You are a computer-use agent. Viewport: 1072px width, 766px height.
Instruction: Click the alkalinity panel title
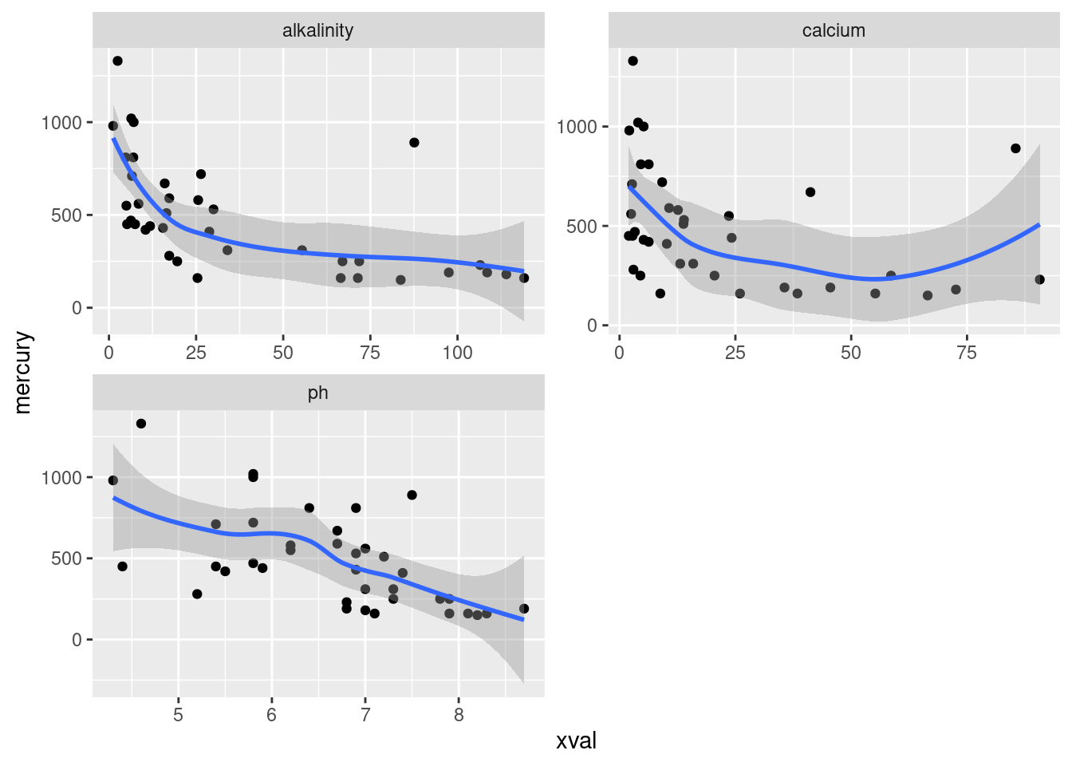tap(317, 30)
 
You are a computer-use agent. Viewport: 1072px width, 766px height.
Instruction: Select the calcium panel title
tap(834, 30)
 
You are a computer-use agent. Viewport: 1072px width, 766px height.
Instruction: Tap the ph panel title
tap(317, 393)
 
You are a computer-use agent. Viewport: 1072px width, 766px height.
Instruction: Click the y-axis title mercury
tap(22, 373)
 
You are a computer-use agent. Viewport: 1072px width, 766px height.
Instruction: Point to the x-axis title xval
tap(576, 741)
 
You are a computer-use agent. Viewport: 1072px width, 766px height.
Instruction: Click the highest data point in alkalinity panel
tap(117, 61)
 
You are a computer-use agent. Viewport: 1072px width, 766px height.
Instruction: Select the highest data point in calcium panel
tap(633, 61)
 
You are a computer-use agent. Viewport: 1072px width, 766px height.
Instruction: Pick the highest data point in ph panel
tap(141, 424)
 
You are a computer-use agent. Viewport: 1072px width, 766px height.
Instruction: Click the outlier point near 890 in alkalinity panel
tap(414, 143)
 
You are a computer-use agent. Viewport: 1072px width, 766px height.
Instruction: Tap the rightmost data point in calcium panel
tap(1039, 279)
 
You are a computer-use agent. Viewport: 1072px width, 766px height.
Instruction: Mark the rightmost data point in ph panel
tap(524, 609)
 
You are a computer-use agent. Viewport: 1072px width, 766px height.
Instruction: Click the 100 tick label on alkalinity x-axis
tap(457, 353)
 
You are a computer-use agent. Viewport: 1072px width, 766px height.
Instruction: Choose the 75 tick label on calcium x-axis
tap(966, 353)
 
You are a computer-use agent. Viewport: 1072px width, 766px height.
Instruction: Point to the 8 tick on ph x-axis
tap(459, 716)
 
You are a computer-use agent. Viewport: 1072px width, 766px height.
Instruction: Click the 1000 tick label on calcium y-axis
tap(577, 127)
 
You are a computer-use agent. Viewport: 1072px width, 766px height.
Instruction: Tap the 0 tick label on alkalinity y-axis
tap(77, 308)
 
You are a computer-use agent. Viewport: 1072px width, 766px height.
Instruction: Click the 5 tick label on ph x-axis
tap(178, 716)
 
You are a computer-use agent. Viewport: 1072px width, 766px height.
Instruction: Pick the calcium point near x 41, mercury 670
tap(810, 192)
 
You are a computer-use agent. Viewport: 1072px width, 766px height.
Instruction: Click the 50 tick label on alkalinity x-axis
tap(283, 353)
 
